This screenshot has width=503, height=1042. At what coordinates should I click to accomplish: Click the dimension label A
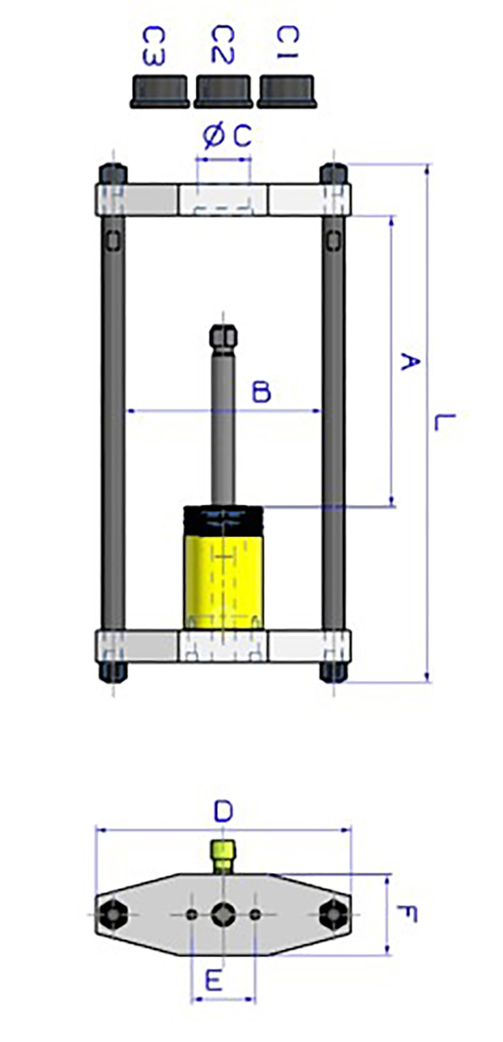(407, 361)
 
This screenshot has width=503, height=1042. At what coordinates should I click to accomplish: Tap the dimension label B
(261, 392)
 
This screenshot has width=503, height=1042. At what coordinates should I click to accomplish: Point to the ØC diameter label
(227, 136)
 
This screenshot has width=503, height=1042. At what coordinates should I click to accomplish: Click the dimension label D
(223, 812)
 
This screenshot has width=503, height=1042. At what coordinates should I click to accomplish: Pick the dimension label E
(214, 982)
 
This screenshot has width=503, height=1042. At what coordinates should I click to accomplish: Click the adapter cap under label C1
(287, 91)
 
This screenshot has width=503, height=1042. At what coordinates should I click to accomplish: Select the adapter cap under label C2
(223, 91)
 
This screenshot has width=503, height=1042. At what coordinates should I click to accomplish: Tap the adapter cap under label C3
(160, 91)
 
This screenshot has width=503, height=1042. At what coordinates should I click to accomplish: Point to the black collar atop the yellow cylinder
(223, 519)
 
